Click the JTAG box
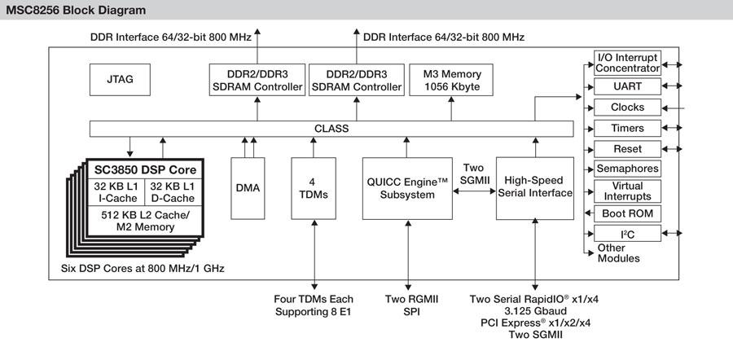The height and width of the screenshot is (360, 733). pos(120,80)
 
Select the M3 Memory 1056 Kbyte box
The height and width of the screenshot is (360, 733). pos(452,80)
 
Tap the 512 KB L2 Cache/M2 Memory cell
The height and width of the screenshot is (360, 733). pos(143,221)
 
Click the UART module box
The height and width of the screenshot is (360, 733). pos(627,85)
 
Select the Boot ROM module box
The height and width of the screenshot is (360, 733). pos(627,213)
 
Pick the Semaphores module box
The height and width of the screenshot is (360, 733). pos(627,169)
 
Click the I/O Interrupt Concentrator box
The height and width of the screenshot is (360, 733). pos(627,62)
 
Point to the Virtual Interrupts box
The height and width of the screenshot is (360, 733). pos(627,191)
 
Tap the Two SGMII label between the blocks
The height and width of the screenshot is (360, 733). pos(473,172)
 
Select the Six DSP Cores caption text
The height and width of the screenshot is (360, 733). pos(143,267)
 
